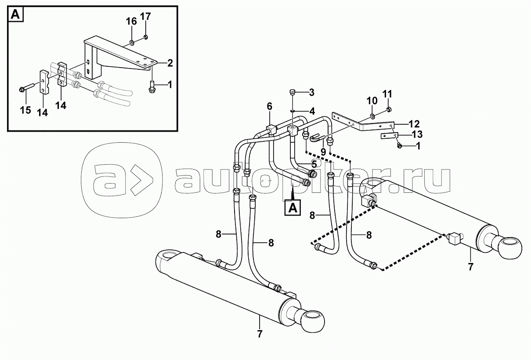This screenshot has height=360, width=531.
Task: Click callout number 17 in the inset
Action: point(145,17)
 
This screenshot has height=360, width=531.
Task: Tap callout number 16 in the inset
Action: point(131,22)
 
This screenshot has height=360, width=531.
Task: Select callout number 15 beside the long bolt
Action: point(25,110)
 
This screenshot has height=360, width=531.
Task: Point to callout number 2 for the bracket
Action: point(170,63)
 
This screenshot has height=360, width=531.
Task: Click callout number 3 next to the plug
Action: point(311,93)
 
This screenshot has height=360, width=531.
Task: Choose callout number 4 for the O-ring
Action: point(312,111)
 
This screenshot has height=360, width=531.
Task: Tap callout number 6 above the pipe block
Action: point(270,106)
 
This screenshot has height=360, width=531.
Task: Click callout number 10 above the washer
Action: point(372,101)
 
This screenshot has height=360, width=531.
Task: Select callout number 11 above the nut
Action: point(387,94)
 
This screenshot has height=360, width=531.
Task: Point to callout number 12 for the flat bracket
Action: point(414,124)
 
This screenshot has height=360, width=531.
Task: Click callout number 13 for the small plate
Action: point(417,134)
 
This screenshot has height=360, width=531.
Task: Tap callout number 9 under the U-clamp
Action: point(323,151)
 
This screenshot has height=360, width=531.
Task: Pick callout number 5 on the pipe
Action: point(314,164)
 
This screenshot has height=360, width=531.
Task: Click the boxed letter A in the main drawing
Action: point(293,208)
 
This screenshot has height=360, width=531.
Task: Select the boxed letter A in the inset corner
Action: point(16,14)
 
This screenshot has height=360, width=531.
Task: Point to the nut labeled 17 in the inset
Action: point(146,37)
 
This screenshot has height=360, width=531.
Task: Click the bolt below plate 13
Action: point(399,146)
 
